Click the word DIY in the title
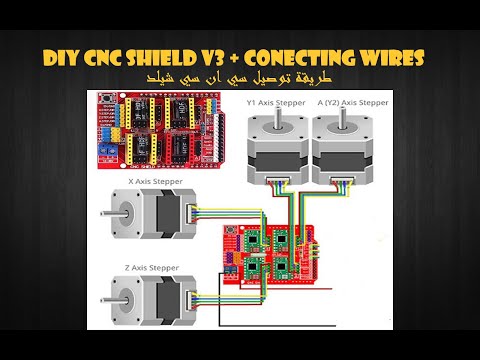[61, 56]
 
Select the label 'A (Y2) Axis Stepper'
[351, 102]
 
